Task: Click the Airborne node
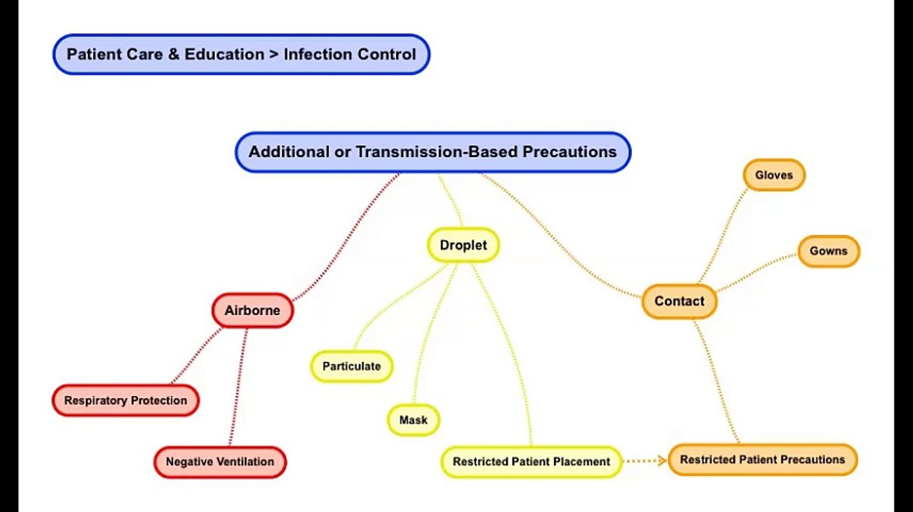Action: tap(252, 311)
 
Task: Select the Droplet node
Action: tap(463, 245)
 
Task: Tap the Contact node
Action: tap(679, 302)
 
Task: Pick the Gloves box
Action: tap(774, 175)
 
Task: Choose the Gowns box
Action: tap(828, 251)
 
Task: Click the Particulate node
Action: tap(351, 366)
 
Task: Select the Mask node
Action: tap(413, 420)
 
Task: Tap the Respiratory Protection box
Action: tap(126, 400)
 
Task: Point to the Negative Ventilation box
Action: tap(220, 462)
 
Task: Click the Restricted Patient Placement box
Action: tap(531, 462)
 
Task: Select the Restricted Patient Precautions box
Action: tap(762, 459)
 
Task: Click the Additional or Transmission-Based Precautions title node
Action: tap(432, 152)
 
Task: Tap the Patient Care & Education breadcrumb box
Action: tap(241, 54)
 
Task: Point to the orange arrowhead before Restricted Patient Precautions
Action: tap(660, 460)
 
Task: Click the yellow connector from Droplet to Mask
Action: tap(434, 334)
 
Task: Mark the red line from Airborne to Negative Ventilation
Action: tap(238, 388)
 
